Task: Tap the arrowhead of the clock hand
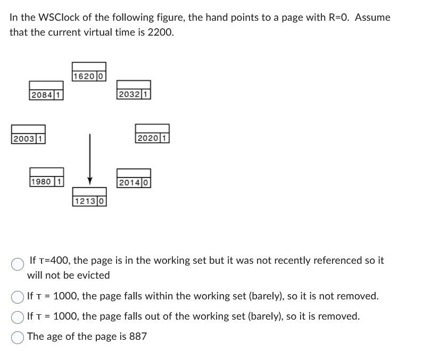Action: pyautogui.click(x=90, y=180)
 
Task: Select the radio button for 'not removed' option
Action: pyautogui.click(x=18, y=296)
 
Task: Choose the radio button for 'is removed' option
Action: pyautogui.click(x=18, y=317)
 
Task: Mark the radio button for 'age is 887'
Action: pyautogui.click(x=18, y=337)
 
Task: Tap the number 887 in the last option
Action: pyautogui.click(x=137, y=337)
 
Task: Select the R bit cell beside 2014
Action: pyautogui.click(x=146, y=183)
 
